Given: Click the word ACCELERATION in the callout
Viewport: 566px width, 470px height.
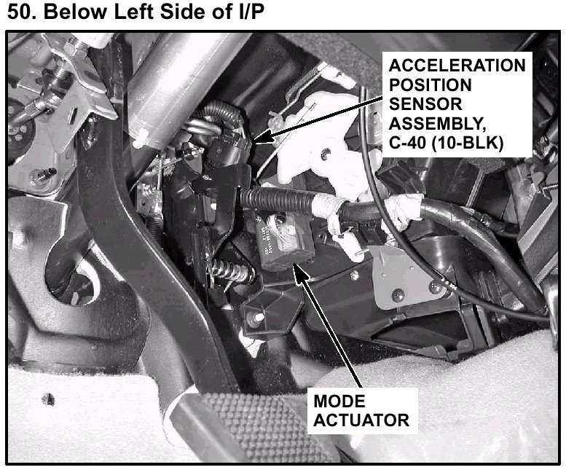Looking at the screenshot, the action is click(457, 66).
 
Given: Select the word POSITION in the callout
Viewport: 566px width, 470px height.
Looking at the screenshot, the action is click(431, 85).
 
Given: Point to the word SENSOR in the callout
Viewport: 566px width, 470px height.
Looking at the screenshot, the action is click(425, 104).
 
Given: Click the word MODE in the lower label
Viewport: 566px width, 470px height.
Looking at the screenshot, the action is click(339, 401).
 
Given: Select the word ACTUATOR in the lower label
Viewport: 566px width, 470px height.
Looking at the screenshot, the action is click(361, 420).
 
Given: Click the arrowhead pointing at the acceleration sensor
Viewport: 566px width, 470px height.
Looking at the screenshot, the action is click(261, 137).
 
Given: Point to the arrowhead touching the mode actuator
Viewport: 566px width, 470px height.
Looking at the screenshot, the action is click(299, 273).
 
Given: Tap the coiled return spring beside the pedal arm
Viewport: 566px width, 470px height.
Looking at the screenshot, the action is click(229, 271).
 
